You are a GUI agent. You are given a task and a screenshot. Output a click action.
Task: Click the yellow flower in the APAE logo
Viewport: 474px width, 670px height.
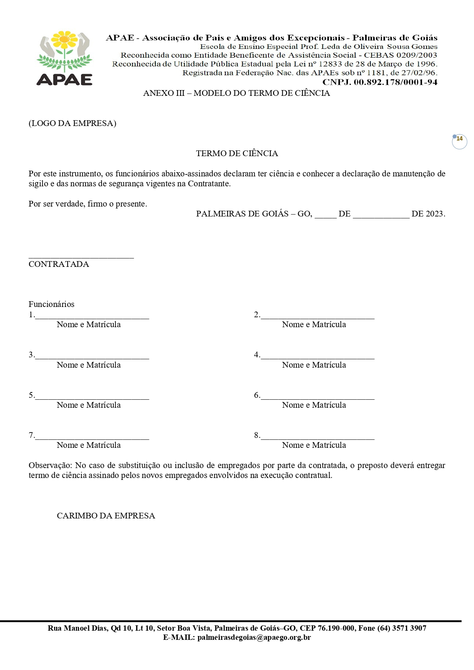[64, 39]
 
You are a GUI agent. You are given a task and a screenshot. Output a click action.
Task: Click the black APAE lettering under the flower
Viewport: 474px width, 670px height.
[64, 79]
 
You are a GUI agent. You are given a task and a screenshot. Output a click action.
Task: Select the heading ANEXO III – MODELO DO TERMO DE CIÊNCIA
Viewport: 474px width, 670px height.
[236, 93]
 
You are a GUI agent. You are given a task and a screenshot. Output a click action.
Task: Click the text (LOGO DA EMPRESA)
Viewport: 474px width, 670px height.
[72, 123]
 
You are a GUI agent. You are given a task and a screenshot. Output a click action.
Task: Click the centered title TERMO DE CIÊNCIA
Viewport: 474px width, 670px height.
[237, 153]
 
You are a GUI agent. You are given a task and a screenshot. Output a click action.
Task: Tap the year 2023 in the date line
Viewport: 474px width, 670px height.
[434, 214]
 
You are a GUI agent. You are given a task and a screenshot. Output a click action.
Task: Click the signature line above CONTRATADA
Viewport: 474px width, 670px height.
[81, 257]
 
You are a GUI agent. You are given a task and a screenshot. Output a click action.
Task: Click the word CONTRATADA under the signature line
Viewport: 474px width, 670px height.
[59, 264]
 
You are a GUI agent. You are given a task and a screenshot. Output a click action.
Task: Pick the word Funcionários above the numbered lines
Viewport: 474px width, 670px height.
[52, 304]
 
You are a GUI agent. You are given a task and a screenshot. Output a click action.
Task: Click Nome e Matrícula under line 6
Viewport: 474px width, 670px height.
[314, 405]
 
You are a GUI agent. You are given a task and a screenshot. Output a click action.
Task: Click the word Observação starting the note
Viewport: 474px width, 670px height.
[50, 465]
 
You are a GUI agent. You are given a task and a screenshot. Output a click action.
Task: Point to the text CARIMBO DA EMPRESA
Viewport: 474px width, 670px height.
[106, 516]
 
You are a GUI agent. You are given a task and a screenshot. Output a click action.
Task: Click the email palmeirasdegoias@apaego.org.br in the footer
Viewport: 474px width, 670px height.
[254, 637]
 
